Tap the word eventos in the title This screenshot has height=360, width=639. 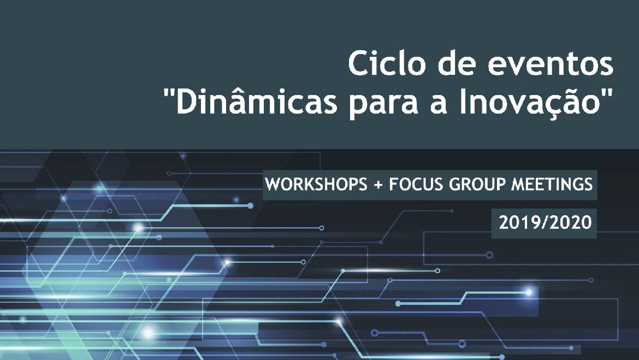tap(551, 64)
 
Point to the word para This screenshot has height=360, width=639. tap(384, 105)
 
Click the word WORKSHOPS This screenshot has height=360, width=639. tap(316, 184)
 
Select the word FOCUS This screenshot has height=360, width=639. tap(416, 184)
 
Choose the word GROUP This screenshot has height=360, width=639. tap(476, 184)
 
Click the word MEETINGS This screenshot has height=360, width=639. tap(552, 184)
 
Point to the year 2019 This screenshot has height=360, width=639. tap(518, 222)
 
